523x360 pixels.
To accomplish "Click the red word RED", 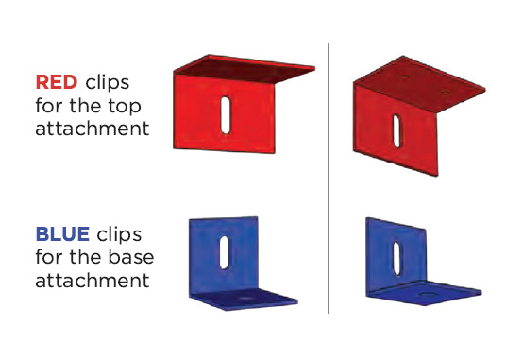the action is coord(57,82).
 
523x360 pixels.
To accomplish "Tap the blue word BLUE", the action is coord(62,233).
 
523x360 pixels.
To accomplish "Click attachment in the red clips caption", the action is coord(93,129).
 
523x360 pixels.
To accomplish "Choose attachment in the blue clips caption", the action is coord(93,281).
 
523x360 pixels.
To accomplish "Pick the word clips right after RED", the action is coord(107,83).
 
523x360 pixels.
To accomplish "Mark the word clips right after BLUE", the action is coord(119,234).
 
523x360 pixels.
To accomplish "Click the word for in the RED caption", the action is coord(49,106).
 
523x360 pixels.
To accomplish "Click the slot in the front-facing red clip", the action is coord(226,115).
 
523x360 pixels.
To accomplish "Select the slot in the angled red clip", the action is coord(396,131).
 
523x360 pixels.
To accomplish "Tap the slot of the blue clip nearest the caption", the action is coord(224,253).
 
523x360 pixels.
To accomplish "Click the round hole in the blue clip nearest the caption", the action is coord(245,298).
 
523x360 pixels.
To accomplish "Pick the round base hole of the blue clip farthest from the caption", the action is coord(428,294).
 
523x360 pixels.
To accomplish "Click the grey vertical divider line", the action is coord(329,179).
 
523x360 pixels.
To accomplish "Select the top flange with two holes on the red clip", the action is coord(419,83).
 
